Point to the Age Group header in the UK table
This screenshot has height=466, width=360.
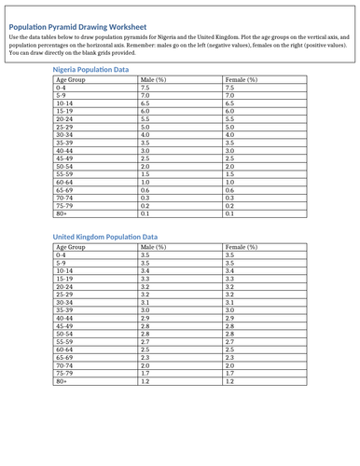click(x=71, y=248)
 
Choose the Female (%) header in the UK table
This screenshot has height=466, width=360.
click(x=242, y=248)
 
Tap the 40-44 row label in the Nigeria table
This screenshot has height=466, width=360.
click(x=64, y=150)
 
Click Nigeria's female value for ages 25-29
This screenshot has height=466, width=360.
click(x=230, y=127)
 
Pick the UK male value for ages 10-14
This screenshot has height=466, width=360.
click(x=145, y=270)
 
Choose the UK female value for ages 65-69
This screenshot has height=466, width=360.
click(x=230, y=357)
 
